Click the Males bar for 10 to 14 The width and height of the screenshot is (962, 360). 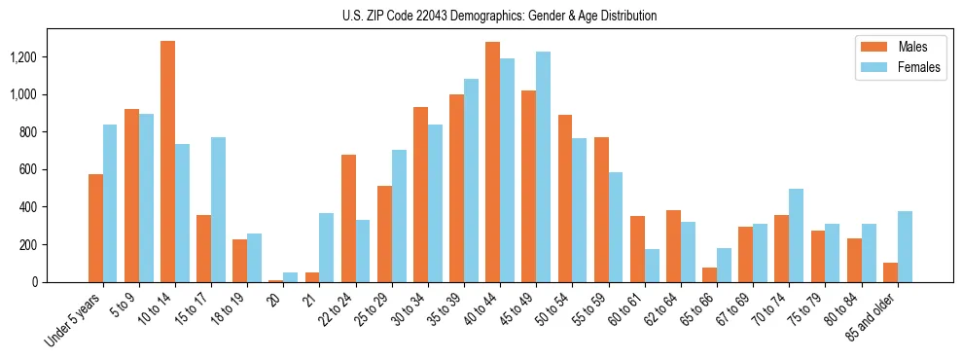(x=167, y=162)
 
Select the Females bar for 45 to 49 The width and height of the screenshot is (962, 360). (x=543, y=166)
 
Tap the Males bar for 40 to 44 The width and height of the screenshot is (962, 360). (x=492, y=162)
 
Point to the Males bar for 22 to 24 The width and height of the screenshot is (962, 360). (x=348, y=218)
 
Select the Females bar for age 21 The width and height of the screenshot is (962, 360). (x=327, y=247)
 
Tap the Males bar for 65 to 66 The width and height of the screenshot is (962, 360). (x=709, y=274)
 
